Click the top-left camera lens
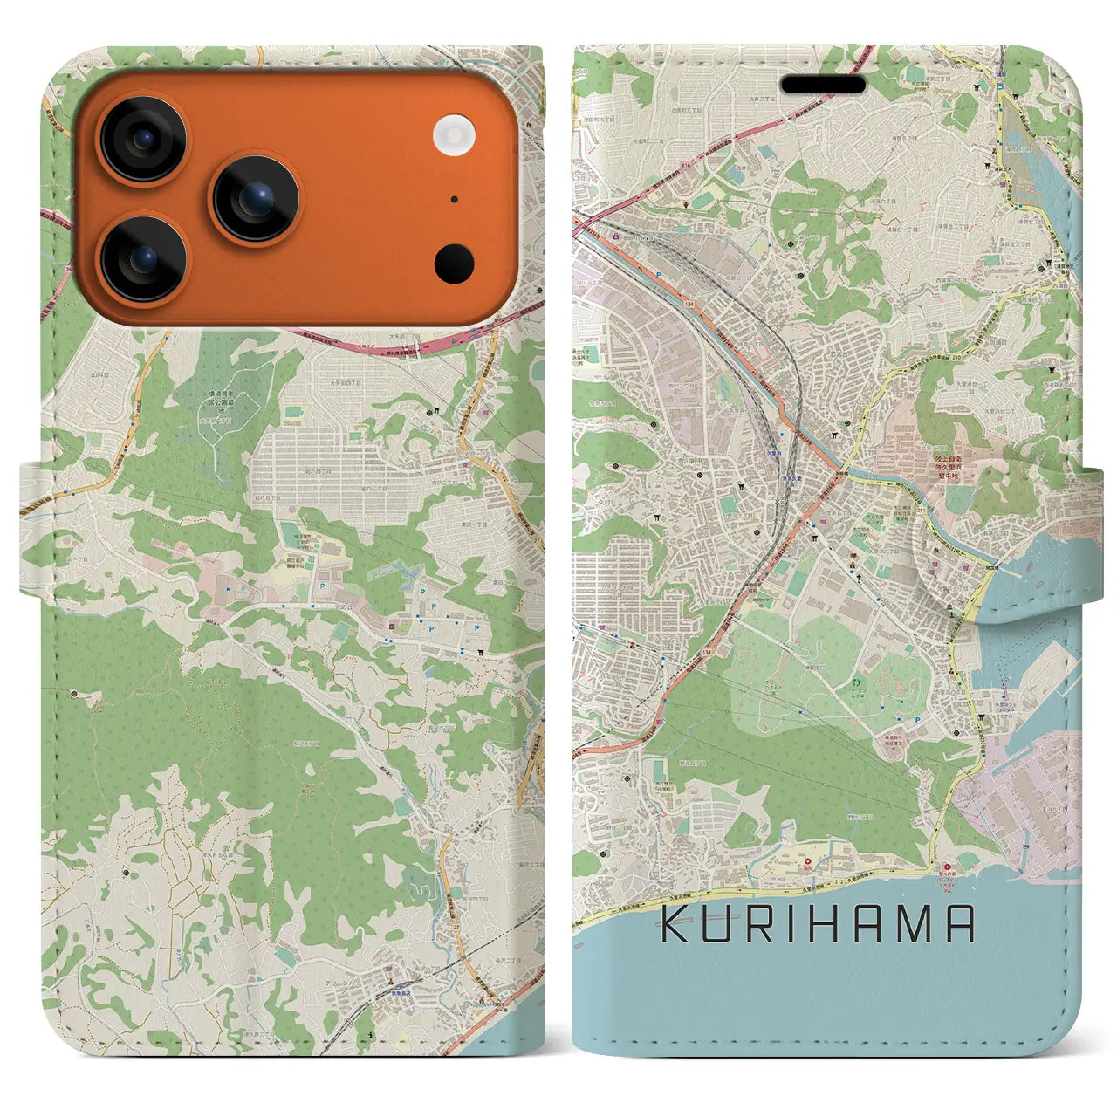[x=142, y=140]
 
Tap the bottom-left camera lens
[x=142, y=259]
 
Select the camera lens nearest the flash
[x=256, y=199]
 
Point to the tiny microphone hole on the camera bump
[x=455, y=199]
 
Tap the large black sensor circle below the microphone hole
[x=453, y=261]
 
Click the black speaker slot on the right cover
[x=823, y=85]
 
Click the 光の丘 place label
[x=323, y=605]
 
